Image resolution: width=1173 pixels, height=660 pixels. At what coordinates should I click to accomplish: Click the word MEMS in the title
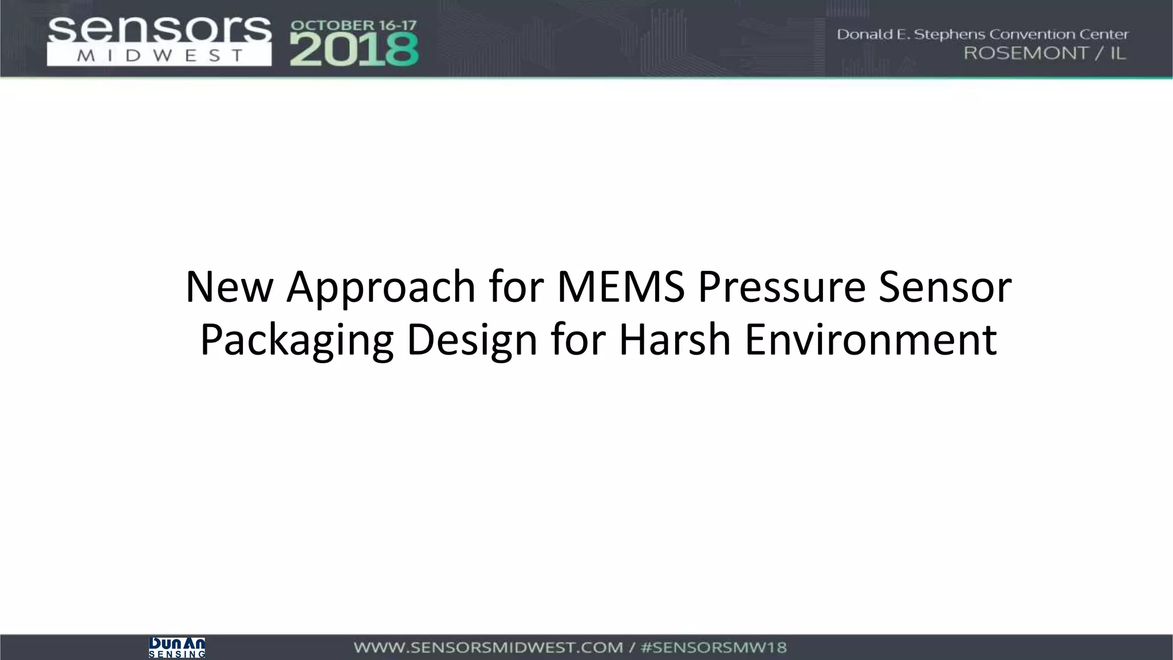pos(620,286)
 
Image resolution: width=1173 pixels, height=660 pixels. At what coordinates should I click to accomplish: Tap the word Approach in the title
pos(381,288)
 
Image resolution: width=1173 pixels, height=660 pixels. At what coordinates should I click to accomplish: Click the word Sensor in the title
pos(945,286)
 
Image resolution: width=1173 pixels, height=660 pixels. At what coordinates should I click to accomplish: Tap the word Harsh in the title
pos(674,339)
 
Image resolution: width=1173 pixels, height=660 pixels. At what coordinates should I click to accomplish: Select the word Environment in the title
pos(871,339)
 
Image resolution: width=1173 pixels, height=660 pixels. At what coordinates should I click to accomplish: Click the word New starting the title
pos(229,286)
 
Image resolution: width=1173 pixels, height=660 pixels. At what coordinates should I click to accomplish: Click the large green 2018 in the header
pos(354,50)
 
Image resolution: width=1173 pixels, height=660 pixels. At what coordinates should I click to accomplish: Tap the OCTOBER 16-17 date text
pos(353,26)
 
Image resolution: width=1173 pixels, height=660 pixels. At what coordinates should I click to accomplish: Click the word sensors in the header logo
pos(159,30)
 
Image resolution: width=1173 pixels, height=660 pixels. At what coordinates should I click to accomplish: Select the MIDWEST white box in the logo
pos(159,56)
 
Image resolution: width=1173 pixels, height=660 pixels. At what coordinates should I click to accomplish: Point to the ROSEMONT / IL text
pos(1045,53)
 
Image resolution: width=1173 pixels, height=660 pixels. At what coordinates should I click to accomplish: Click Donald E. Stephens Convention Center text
pos(982,34)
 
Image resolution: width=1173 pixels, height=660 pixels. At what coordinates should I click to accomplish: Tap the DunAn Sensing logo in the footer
pos(176,647)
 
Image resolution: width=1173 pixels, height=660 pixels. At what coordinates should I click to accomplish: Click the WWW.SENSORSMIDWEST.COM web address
pos(488,648)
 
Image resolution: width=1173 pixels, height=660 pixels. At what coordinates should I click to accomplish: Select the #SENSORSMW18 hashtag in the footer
pos(713,648)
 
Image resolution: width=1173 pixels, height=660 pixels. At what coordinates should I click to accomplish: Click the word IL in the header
pos(1117,53)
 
